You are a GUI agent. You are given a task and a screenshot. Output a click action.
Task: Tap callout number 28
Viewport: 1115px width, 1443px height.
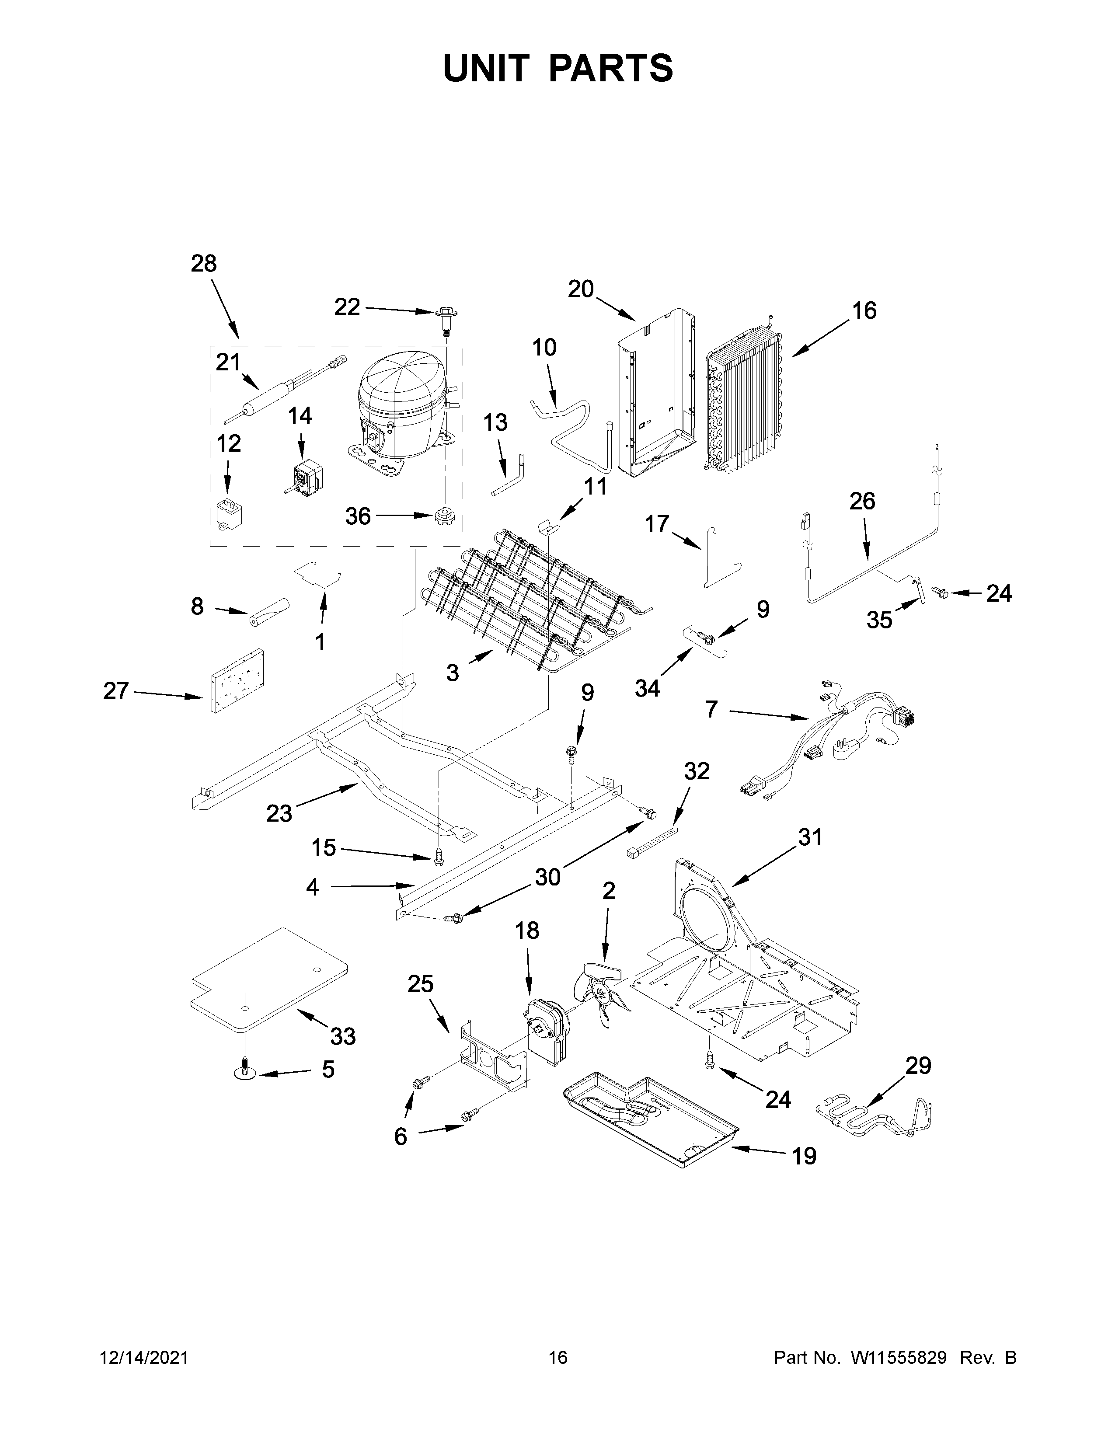coord(203,264)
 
